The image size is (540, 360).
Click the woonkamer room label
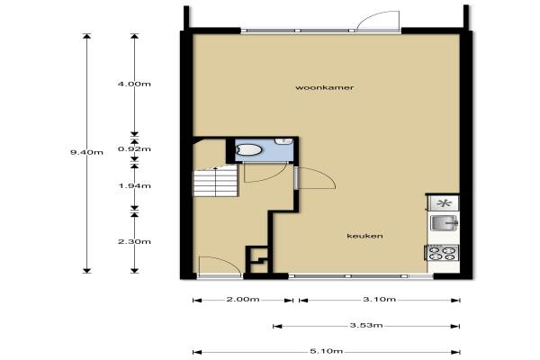point(324,87)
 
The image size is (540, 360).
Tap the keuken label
point(364,236)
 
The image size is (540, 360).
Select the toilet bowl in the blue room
point(248,150)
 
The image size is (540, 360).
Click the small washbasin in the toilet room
point(283,141)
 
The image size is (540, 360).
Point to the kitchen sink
point(444,223)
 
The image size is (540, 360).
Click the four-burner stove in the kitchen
point(442,253)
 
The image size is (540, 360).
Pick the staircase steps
point(215,181)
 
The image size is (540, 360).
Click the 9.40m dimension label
point(86,152)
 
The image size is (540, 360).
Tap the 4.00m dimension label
point(134,84)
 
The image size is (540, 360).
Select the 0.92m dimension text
point(134,148)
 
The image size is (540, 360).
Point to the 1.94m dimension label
point(134,185)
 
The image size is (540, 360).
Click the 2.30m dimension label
point(134,241)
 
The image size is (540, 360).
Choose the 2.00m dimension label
point(243,299)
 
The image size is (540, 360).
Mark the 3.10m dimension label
point(380,299)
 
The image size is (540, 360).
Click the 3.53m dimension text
point(366,325)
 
